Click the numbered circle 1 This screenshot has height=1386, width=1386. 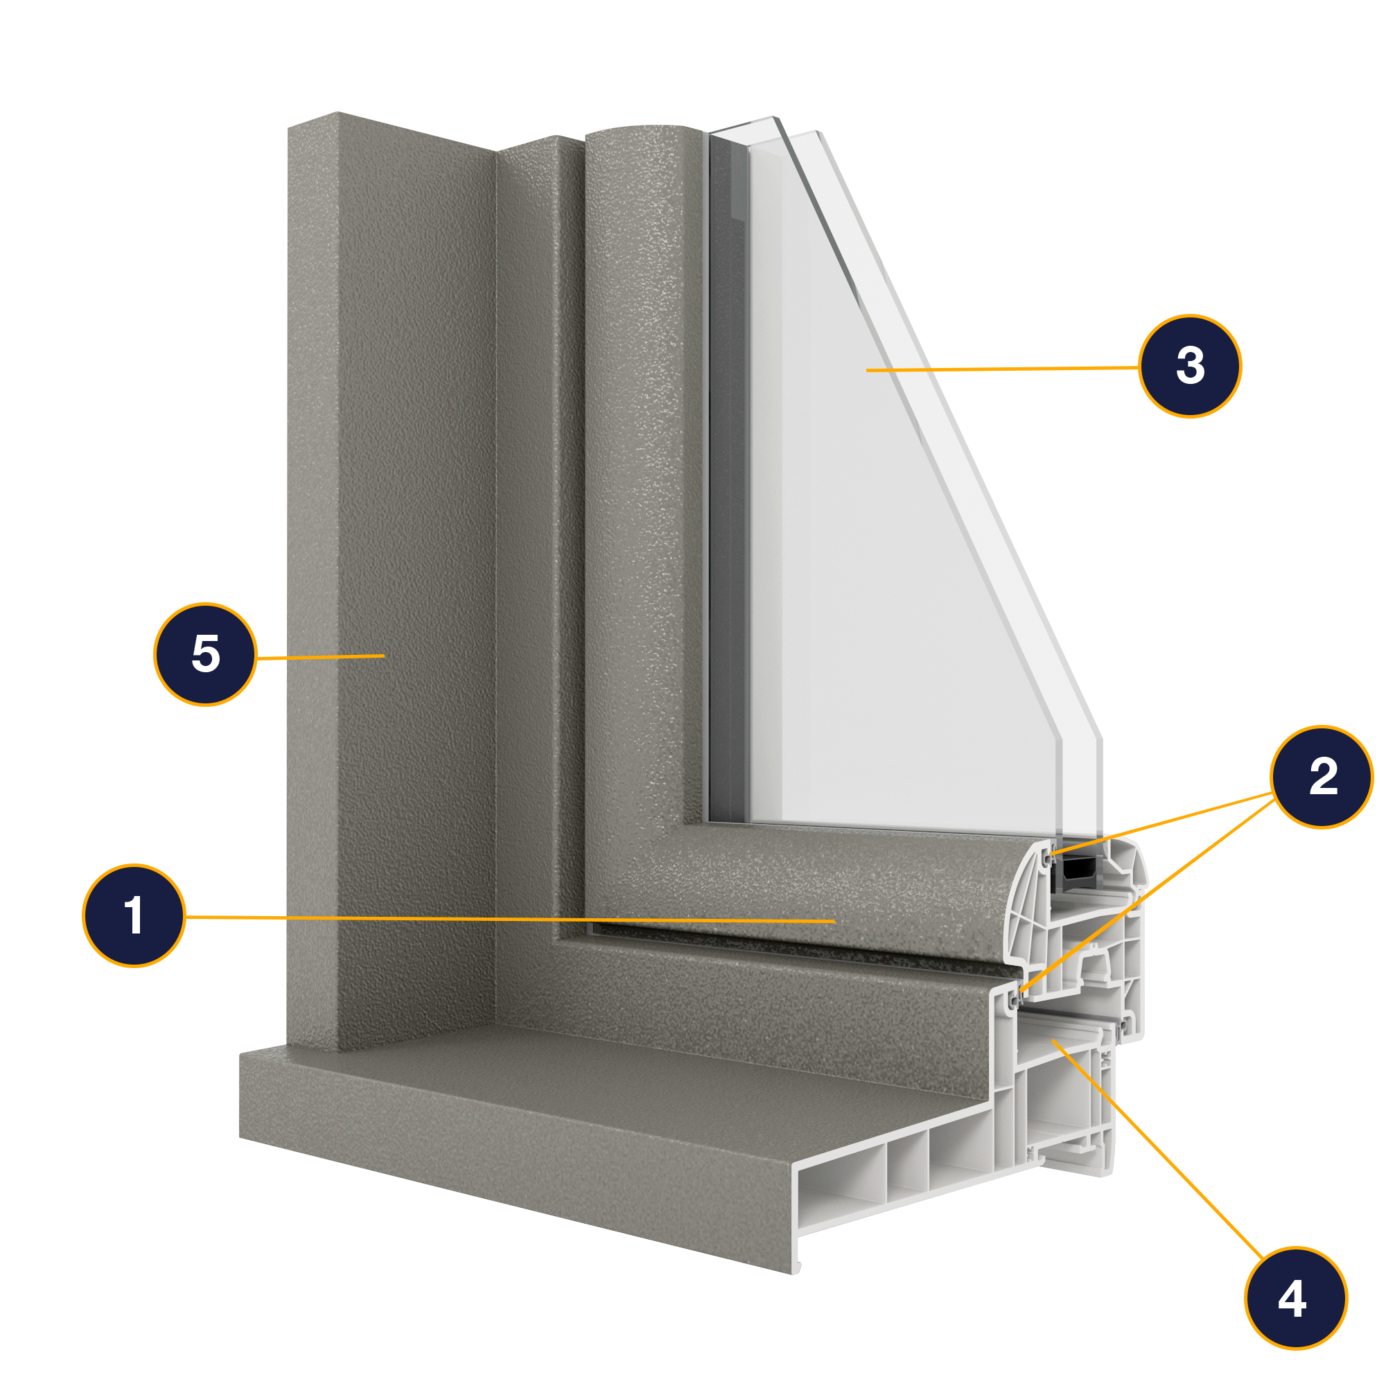coord(134,915)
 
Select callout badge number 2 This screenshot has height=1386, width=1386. coord(1322,777)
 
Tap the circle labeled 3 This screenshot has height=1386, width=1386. coord(1190,366)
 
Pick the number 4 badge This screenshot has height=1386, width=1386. coord(1297,1299)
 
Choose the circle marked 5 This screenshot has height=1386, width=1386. coord(205,654)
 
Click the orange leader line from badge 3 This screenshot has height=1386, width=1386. coord(1004,369)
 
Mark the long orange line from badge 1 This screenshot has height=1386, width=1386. coord(502,918)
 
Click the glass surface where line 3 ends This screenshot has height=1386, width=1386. coord(868,370)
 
